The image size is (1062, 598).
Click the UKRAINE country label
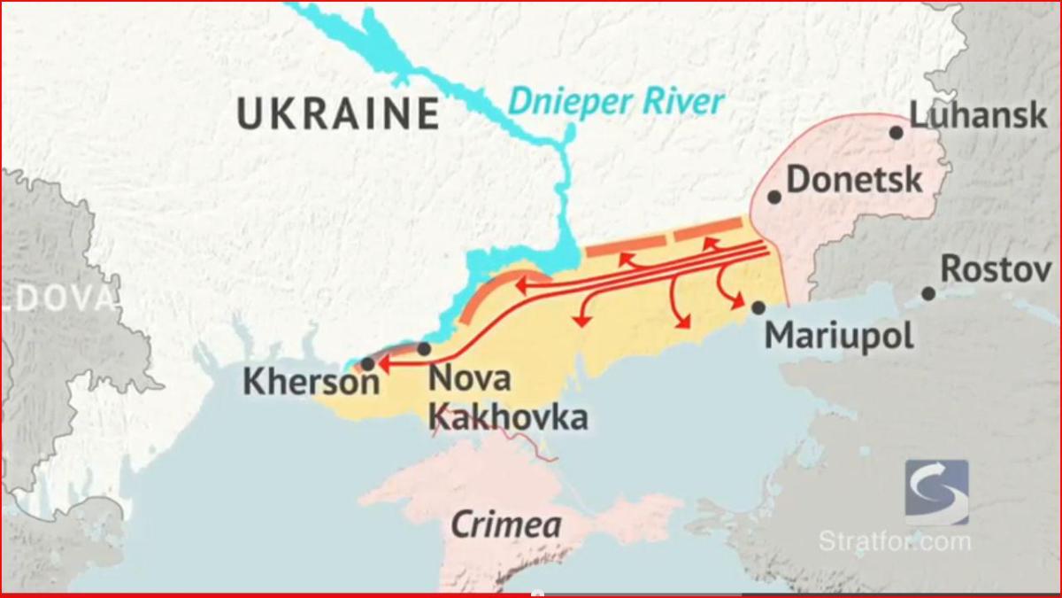(338, 114)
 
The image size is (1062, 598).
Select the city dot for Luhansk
(896, 133)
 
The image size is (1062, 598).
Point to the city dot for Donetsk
(774, 197)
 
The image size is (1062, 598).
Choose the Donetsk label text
(854, 180)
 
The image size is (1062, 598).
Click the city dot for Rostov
(927, 293)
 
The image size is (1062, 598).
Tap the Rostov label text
(996, 268)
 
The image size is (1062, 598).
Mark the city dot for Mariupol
(758, 307)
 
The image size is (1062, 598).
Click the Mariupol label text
(839, 336)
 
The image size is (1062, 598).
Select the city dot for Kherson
(367, 363)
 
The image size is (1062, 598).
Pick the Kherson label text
(311, 382)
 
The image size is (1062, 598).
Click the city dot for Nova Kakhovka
(424, 349)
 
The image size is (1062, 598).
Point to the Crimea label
(505, 524)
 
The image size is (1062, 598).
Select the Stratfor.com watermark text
(894, 540)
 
